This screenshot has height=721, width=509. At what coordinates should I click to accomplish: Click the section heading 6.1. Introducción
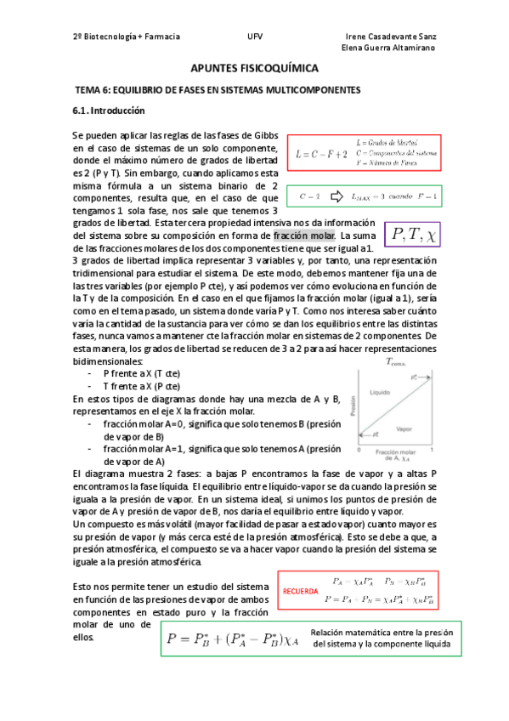click(x=108, y=111)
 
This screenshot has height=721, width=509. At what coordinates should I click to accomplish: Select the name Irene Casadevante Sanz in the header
click(x=393, y=37)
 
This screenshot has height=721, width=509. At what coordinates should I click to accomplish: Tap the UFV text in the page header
click(x=254, y=37)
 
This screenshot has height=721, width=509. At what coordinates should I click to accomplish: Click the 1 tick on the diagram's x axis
click(x=433, y=448)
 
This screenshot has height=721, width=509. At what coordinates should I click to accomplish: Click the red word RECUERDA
click(x=299, y=590)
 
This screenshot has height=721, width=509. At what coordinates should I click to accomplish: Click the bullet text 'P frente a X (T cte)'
click(x=141, y=373)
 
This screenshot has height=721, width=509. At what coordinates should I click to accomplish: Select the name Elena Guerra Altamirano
click(x=388, y=48)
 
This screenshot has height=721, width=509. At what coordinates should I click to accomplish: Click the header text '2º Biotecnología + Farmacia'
click(x=127, y=37)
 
